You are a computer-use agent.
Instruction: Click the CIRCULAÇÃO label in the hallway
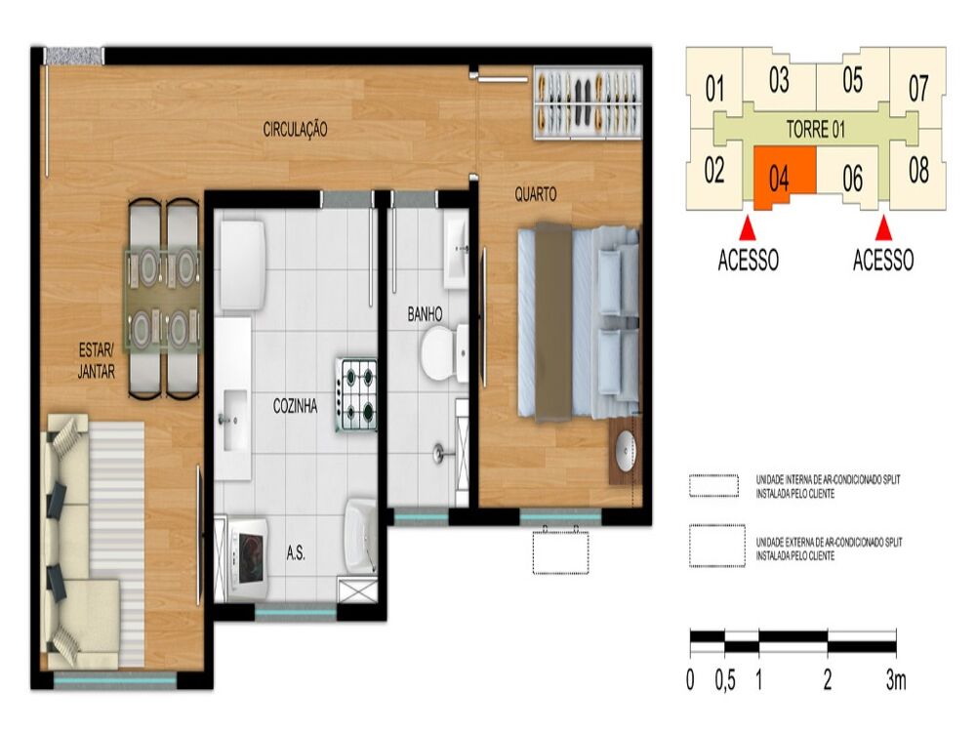295,129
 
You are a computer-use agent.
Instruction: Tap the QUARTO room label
535,195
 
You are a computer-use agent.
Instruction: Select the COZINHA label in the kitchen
295,406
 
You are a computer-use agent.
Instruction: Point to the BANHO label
426,313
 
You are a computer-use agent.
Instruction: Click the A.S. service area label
296,552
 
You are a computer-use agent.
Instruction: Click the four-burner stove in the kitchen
356,394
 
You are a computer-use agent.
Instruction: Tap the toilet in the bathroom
444,353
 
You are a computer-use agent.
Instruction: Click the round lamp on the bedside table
625,448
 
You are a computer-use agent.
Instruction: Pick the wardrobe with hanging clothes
588,102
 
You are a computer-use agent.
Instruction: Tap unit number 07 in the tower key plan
918,89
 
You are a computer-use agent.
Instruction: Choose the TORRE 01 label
815,130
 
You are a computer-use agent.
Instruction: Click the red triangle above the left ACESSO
748,227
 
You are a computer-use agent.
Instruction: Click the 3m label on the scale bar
896,680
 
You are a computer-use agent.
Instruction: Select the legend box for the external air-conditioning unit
717,546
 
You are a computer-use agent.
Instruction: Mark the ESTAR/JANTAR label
97,361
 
